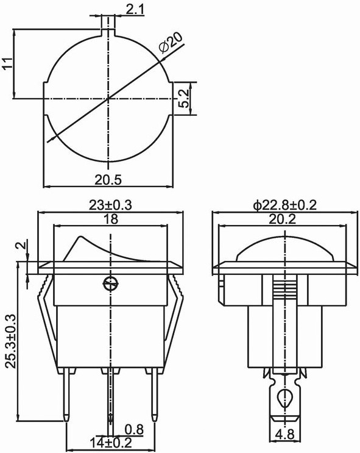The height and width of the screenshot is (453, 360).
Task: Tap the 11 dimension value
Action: pyautogui.click(x=8, y=63)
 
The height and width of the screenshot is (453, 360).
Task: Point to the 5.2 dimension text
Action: pyautogui.click(x=183, y=98)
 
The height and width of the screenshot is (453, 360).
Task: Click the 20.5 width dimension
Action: pyautogui.click(x=108, y=180)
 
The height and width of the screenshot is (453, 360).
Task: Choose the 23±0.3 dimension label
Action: pyautogui.click(x=110, y=205)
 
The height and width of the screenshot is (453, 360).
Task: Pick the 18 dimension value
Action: pyautogui.click(x=110, y=219)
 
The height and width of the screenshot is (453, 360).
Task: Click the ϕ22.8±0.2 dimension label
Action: pyautogui.click(x=285, y=205)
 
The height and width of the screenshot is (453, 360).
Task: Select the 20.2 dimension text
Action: pyautogui.click(x=283, y=219)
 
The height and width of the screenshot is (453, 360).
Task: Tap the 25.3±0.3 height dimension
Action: pyautogui.click(x=12, y=341)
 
